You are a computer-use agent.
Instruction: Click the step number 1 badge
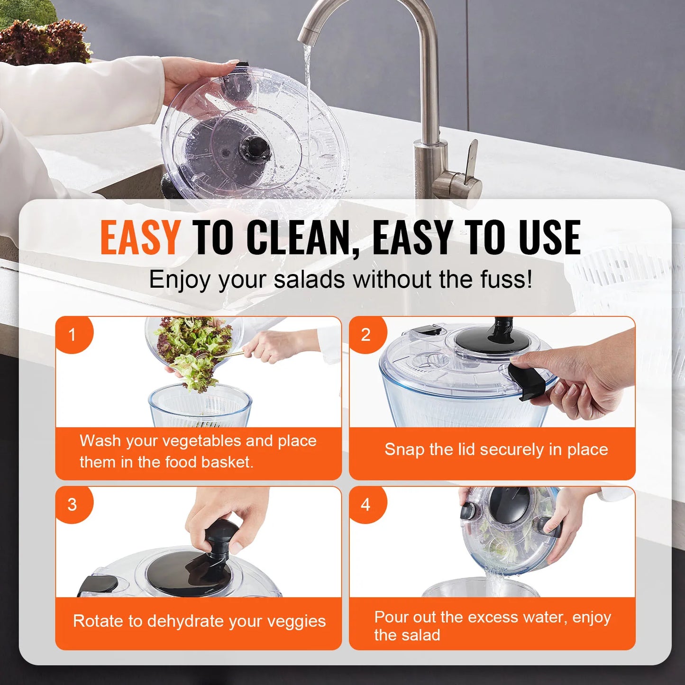pos(73,335)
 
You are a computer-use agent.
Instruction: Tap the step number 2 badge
pos(365,335)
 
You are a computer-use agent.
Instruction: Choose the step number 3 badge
pos(73,504)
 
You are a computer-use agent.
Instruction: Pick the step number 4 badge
pos(365,504)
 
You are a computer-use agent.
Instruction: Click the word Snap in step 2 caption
pos(404,449)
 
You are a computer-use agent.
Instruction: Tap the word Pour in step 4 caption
pos(391,617)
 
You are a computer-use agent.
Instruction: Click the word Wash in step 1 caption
pos(100,441)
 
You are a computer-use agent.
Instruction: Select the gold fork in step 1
pos(223,355)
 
